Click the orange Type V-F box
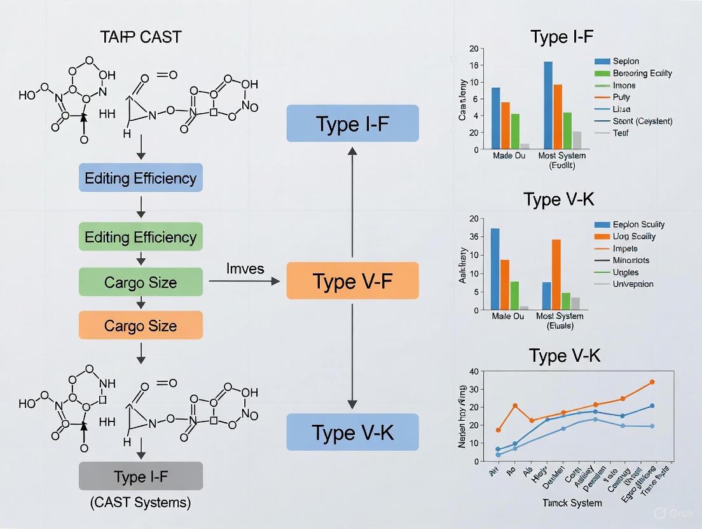click(x=352, y=280)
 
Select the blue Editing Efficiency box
click(x=141, y=177)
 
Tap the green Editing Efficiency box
click(x=141, y=237)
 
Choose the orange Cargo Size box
click(x=141, y=326)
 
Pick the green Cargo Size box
click(x=141, y=282)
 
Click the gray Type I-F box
click(x=141, y=476)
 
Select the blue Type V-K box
click(x=352, y=432)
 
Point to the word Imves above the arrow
click(x=245, y=268)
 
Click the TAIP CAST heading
click(x=141, y=37)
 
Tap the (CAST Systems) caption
click(x=141, y=502)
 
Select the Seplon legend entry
click(x=626, y=61)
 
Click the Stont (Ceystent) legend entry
click(x=642, y=121)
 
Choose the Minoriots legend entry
click(x=631, y=260)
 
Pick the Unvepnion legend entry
click(x=633, y=284)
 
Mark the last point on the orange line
click(x=652, y=382)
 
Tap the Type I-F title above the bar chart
click(x=561, y=36)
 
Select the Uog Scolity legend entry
click(x=634, y=236)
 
